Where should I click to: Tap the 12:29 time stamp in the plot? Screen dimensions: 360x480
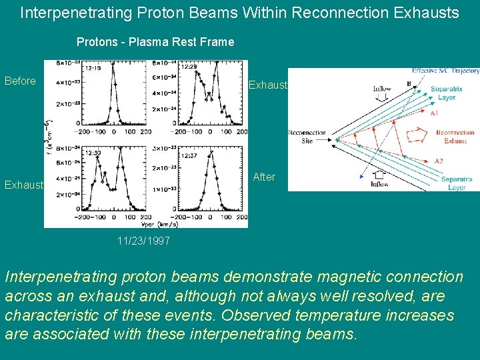(189, 67)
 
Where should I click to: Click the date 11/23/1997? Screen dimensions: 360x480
(143, 241)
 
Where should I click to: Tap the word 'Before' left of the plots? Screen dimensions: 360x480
(20, 81)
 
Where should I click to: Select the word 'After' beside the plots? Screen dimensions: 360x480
(264, 177)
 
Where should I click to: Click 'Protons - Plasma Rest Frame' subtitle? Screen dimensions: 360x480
(155, 42)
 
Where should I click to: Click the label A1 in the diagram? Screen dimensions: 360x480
(434, 113)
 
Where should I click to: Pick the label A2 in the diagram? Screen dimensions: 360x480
(437, 161)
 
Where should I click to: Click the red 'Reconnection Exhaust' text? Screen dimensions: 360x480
(455, 137)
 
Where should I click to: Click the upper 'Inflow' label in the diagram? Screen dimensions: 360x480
(382, 88)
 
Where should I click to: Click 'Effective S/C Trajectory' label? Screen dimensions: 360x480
(445, 71)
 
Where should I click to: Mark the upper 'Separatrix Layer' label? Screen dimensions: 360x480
(447, 93)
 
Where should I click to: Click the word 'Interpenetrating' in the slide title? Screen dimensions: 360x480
(69, 12)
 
